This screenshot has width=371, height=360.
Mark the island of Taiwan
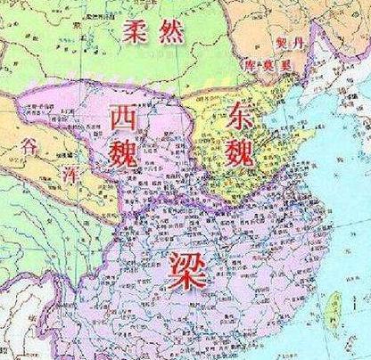tap(337, 304)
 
